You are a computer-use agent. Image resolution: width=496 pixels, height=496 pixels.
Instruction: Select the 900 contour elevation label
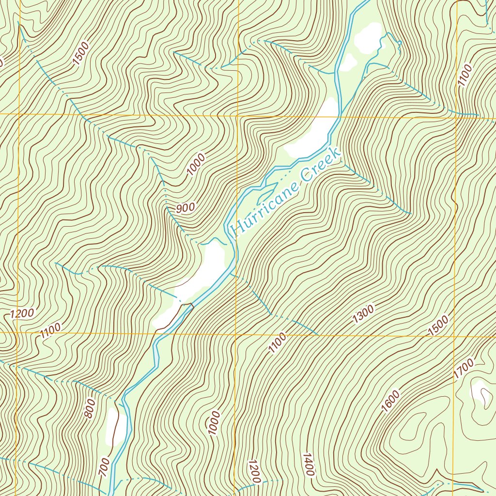pyautogui.click(x=186, y=208)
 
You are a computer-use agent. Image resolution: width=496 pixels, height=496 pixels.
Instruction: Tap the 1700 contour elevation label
pyautogui.click(x=464, y=369)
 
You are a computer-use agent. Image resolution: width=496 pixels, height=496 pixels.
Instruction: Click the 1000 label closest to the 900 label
pyautogui.click(x=196, y=165)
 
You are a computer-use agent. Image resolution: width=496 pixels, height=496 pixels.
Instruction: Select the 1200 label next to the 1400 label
pyautogui.click(x=254, y=471)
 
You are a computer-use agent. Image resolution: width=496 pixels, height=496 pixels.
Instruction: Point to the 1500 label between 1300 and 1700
pyautogui.click(x=439, y=325)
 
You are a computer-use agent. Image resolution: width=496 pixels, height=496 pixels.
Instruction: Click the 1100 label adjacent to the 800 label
pyautogui.click(x=51, y=331)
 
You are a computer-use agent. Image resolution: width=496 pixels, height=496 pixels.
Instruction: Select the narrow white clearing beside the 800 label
pyautogui.click(x=113, y=426)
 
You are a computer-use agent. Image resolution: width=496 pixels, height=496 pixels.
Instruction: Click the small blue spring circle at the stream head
pyautogui.click(x=400, y=44)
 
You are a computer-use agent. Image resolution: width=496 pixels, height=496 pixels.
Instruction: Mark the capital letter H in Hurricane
pyautogui.click(x=237, y=227)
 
